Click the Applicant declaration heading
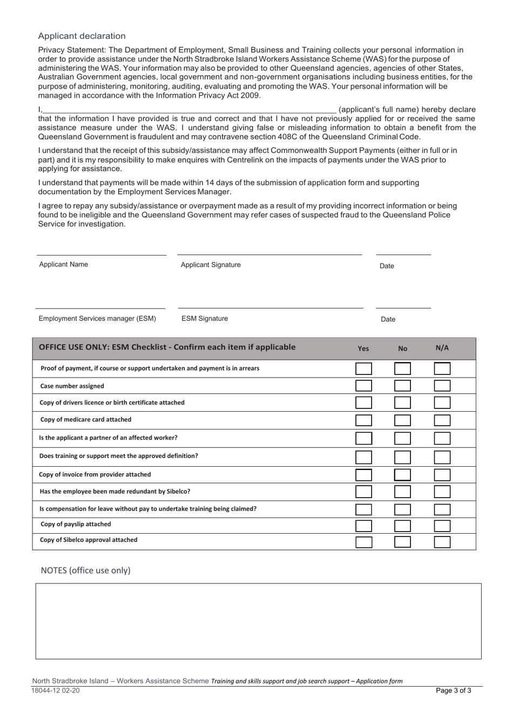82,36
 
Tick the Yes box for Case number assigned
363,386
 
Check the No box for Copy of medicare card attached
402,420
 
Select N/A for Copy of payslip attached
442,525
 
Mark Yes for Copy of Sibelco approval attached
363,541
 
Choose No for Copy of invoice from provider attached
402,475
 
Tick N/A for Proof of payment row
442,368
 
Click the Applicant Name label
63,264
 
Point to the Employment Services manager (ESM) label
97,318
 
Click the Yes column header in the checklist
363,348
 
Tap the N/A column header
442,348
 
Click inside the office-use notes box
258,621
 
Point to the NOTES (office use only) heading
86,570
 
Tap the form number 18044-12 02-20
56,690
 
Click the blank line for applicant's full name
189,110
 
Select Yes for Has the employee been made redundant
363,492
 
